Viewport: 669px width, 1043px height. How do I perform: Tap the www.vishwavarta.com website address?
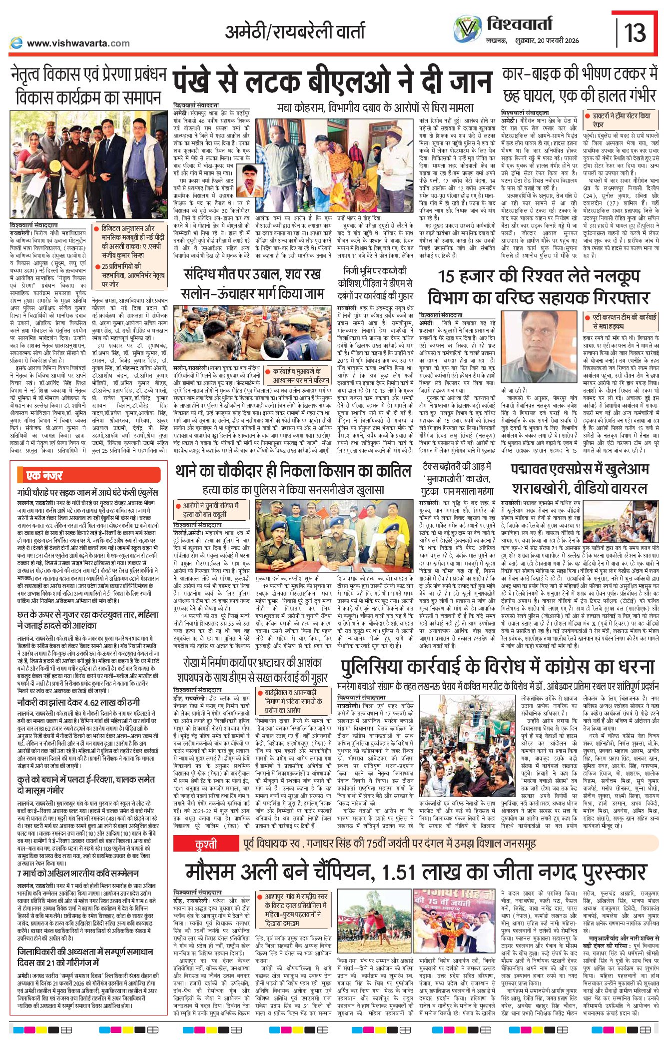(78, 43)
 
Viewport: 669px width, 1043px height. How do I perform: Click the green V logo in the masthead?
(467, 29)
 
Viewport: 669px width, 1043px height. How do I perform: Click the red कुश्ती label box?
(206, 844)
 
